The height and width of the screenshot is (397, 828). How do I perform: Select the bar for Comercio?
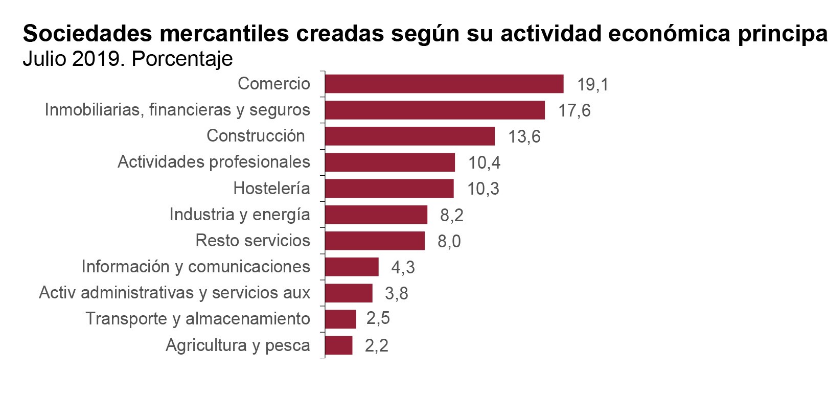coord(444,84)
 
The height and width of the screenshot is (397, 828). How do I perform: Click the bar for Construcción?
coord(410,136)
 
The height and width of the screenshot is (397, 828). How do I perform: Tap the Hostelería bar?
coord(389,189)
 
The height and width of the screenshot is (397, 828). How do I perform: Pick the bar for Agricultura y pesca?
coord(338,345)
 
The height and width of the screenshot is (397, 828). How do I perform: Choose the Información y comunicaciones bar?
coord(352,267)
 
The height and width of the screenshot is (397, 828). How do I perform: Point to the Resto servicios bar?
coord(375,241)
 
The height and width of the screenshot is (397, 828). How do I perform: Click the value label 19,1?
coord(592,84)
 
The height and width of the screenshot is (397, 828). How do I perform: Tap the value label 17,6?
coord(574,110)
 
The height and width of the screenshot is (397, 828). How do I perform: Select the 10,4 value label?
coord(484,162)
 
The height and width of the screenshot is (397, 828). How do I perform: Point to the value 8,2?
coord(452,215)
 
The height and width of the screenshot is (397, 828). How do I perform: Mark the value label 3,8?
coord(397,293)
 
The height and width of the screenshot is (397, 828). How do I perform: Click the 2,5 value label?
coord(378,318)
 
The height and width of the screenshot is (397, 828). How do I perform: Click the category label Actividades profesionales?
coord(214,162)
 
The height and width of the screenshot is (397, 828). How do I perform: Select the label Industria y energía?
coord(240,215)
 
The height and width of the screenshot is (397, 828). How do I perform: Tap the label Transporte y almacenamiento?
coord(198,319)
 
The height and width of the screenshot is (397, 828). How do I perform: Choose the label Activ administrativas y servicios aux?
coord(174,293)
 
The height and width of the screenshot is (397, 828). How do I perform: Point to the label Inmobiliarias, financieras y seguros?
coord(177,110)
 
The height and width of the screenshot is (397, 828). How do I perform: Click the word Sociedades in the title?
coord(87,34)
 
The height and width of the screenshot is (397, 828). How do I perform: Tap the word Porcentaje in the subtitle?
coord(182,59)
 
